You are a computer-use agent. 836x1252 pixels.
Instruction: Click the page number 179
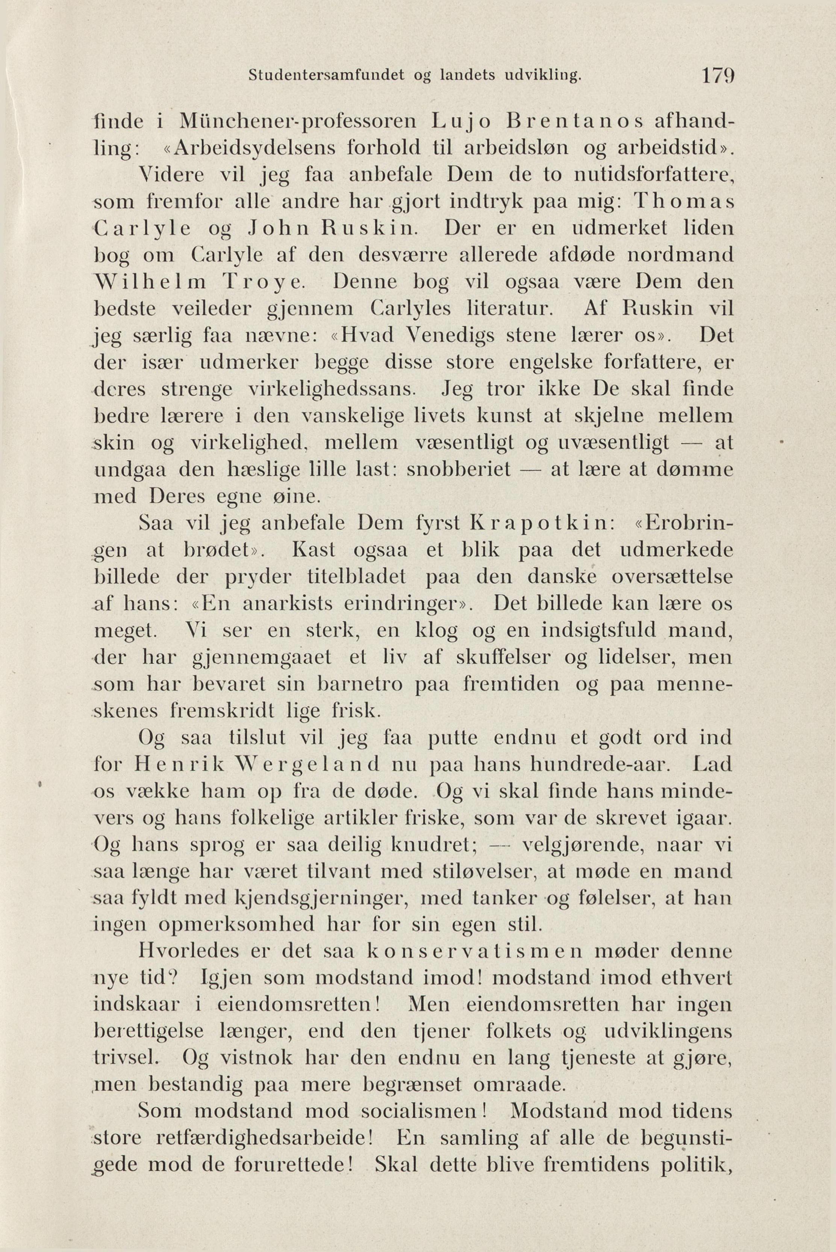tap(719, 76)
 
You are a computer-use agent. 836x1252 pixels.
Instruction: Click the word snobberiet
tap(459, 469)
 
